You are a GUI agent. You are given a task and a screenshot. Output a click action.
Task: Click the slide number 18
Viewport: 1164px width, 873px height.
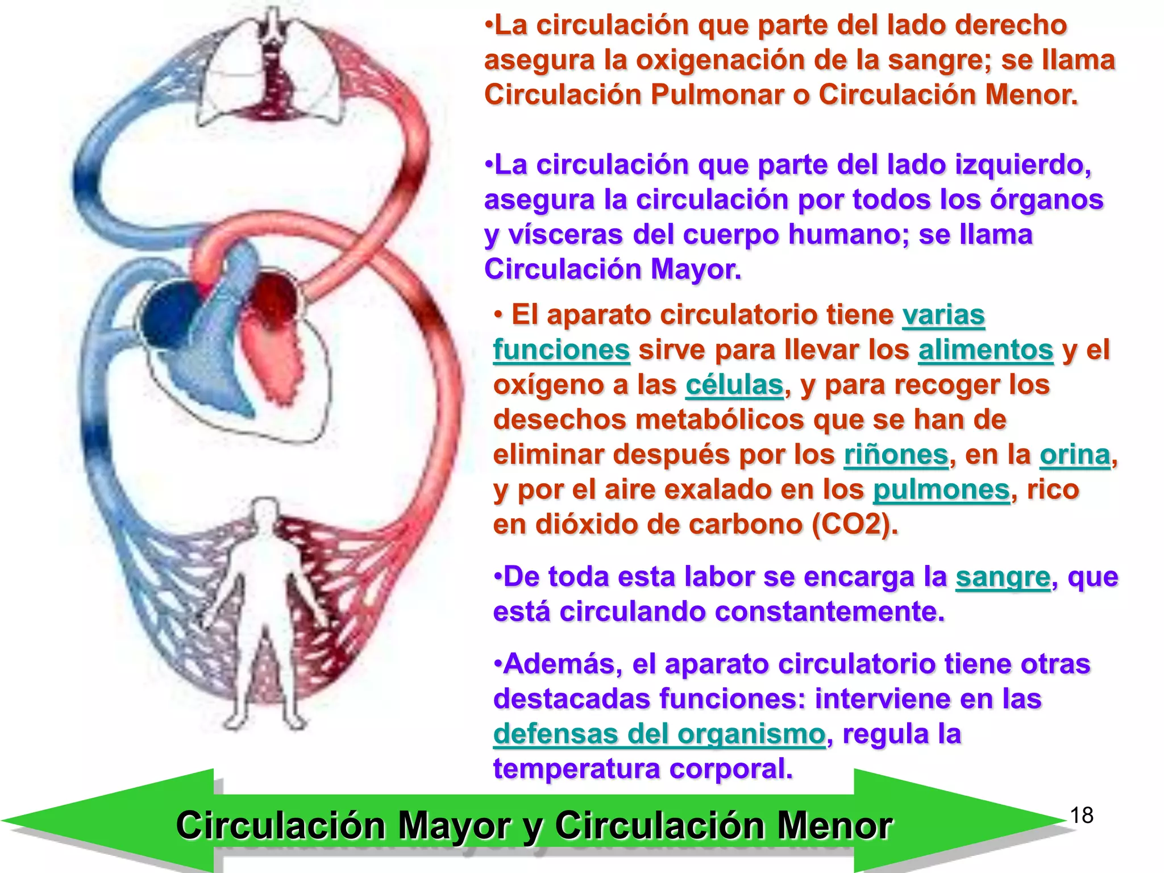1082,815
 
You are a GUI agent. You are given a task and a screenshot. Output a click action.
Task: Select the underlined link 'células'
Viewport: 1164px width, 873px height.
734,385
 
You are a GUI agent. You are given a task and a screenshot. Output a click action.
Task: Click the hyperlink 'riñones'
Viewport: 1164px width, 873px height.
896,455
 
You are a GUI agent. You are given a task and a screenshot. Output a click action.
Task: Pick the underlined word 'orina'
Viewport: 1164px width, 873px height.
1075,455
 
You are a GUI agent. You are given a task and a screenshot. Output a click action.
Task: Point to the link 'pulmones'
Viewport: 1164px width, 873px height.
941,489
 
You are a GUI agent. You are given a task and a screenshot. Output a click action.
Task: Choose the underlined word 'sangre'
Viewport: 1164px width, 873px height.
1003,577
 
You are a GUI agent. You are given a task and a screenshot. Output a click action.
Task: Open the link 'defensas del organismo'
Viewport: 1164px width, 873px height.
659,734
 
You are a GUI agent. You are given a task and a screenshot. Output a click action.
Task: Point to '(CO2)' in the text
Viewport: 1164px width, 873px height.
854,524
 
